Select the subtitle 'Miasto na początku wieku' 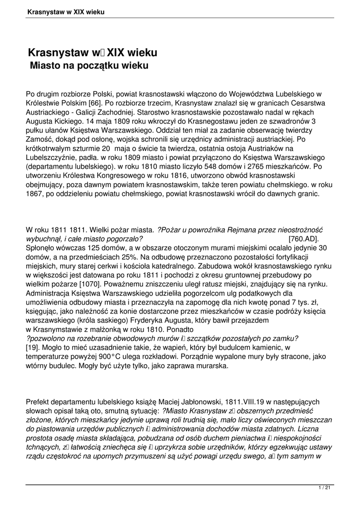(x=90, y=65)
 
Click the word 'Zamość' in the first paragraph (x=39, y=139)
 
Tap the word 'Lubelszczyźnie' (x=53, y=157)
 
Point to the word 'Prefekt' (x=39, y=401)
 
